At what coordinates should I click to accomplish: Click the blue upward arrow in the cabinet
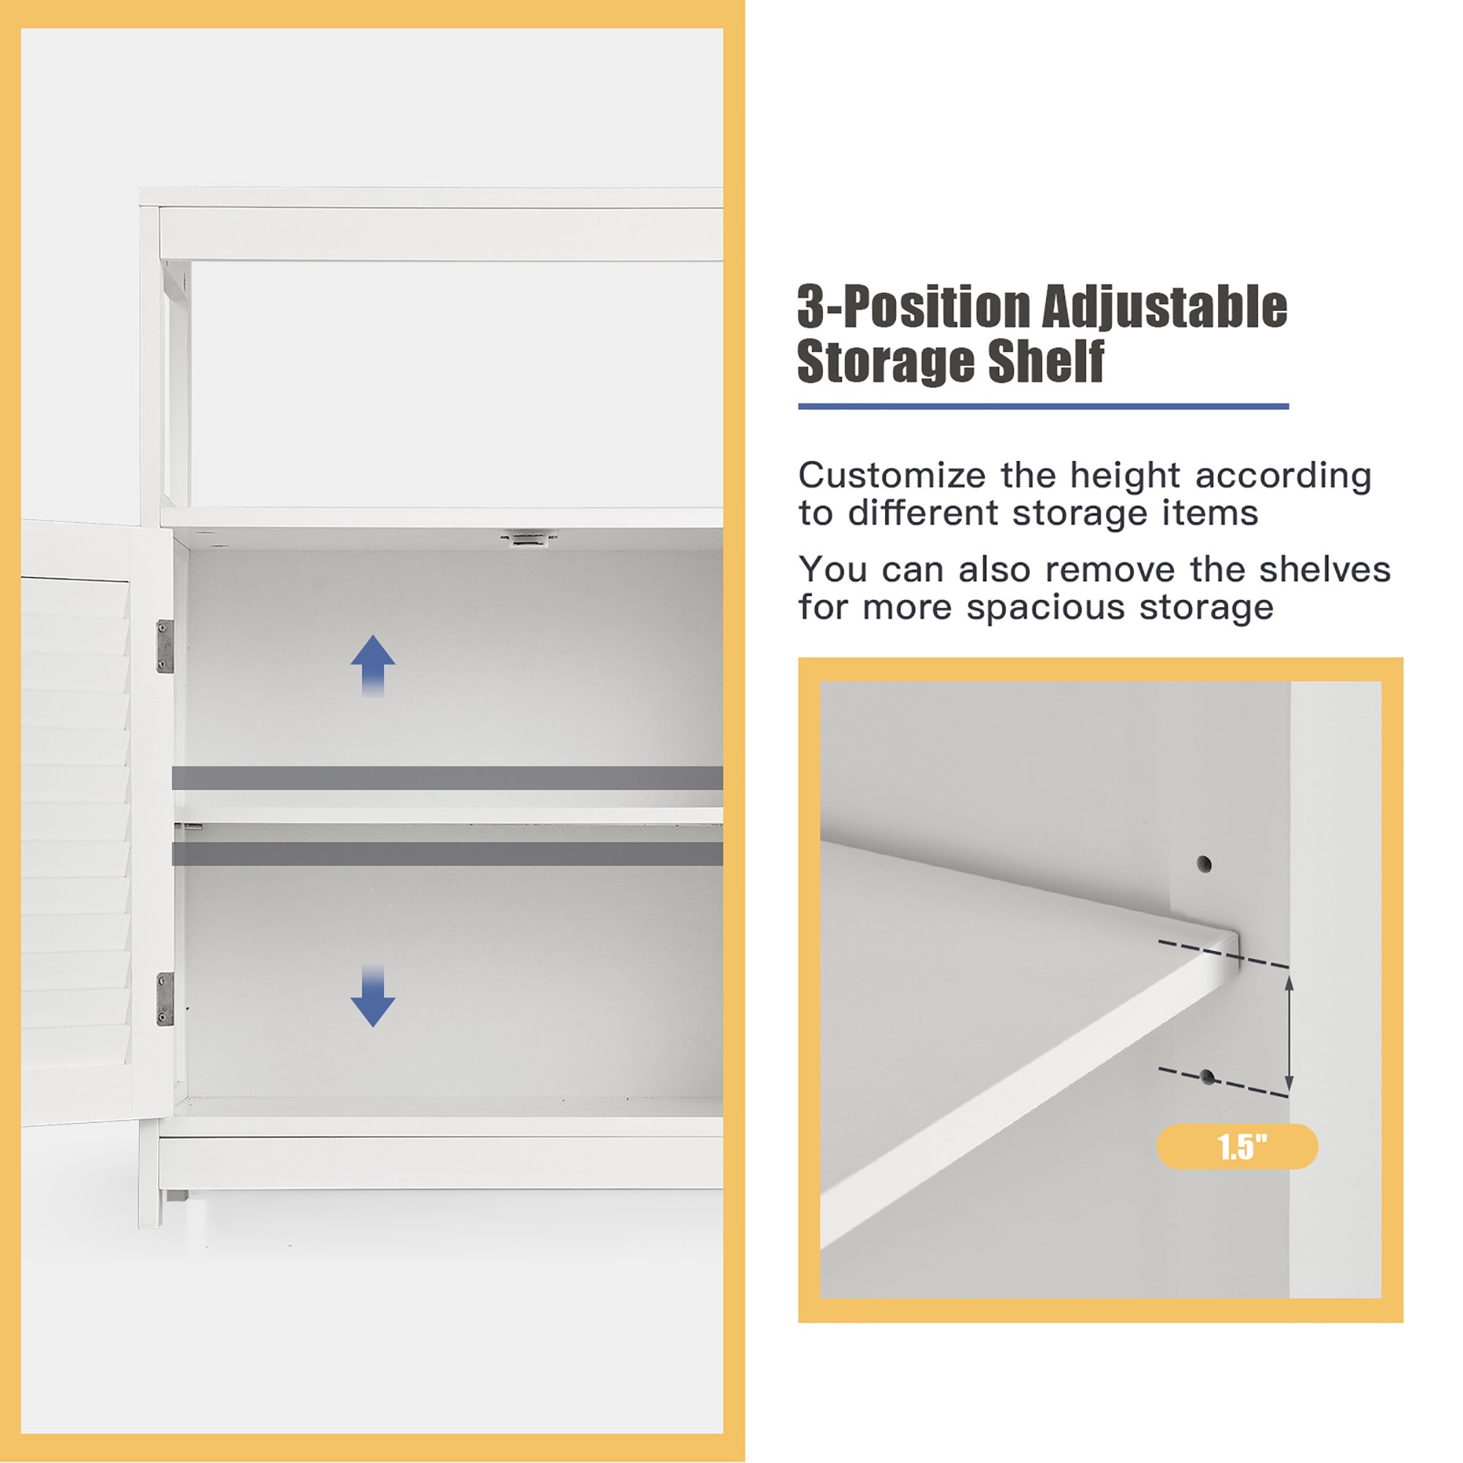[372, 666]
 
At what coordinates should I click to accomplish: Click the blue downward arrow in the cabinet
[372, 996]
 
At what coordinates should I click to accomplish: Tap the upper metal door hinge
[165, 646]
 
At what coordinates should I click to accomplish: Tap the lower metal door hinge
[165, 998]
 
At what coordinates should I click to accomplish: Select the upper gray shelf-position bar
[448, 778]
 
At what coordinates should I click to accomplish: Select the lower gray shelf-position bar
[448, 854]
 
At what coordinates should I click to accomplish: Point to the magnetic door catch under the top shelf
[529, 538]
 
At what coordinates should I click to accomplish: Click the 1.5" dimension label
[1238, 1146]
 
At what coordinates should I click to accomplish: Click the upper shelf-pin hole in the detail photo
[1204, 864]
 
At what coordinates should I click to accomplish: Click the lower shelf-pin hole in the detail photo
[1208, 1077]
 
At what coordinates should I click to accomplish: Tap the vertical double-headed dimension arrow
[1289, 1033]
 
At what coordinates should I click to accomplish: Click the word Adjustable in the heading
[1165, 309]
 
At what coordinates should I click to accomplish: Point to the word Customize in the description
[892, 475]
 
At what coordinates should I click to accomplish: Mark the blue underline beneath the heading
[1044, 407]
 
